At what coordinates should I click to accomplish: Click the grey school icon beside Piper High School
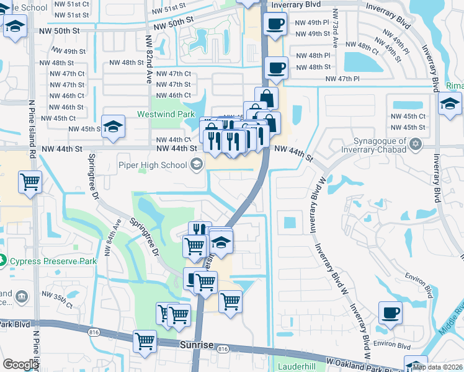pyautogui.click(x=197, y=164)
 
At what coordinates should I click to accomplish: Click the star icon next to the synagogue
pyautogui.click(x=416, y=144)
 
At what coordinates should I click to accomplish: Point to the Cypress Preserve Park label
pyautogui.click(x=53, y=261)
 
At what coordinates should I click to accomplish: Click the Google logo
pyautogui.click(x=20, y=365)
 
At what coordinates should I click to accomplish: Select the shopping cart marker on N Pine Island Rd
pyautogui.click(x=30, y=182)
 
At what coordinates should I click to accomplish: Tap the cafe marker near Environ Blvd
pyautogui.click(x=390, y=314)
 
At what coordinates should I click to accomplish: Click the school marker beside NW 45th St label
pyautogui.click(x=112, y=127)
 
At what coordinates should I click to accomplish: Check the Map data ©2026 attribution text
pyautogui.click(x=437, y=367)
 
